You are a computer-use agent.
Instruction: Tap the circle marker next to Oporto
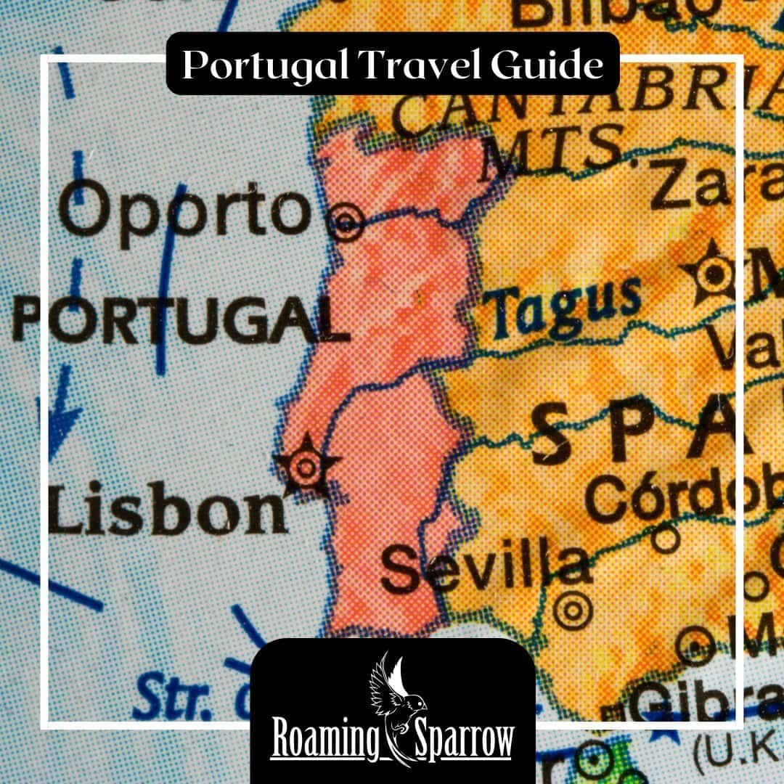(x=346, y=221)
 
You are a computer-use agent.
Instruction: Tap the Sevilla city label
(x=485, y=566)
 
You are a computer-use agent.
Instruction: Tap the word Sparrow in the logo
(x=465, y=740)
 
